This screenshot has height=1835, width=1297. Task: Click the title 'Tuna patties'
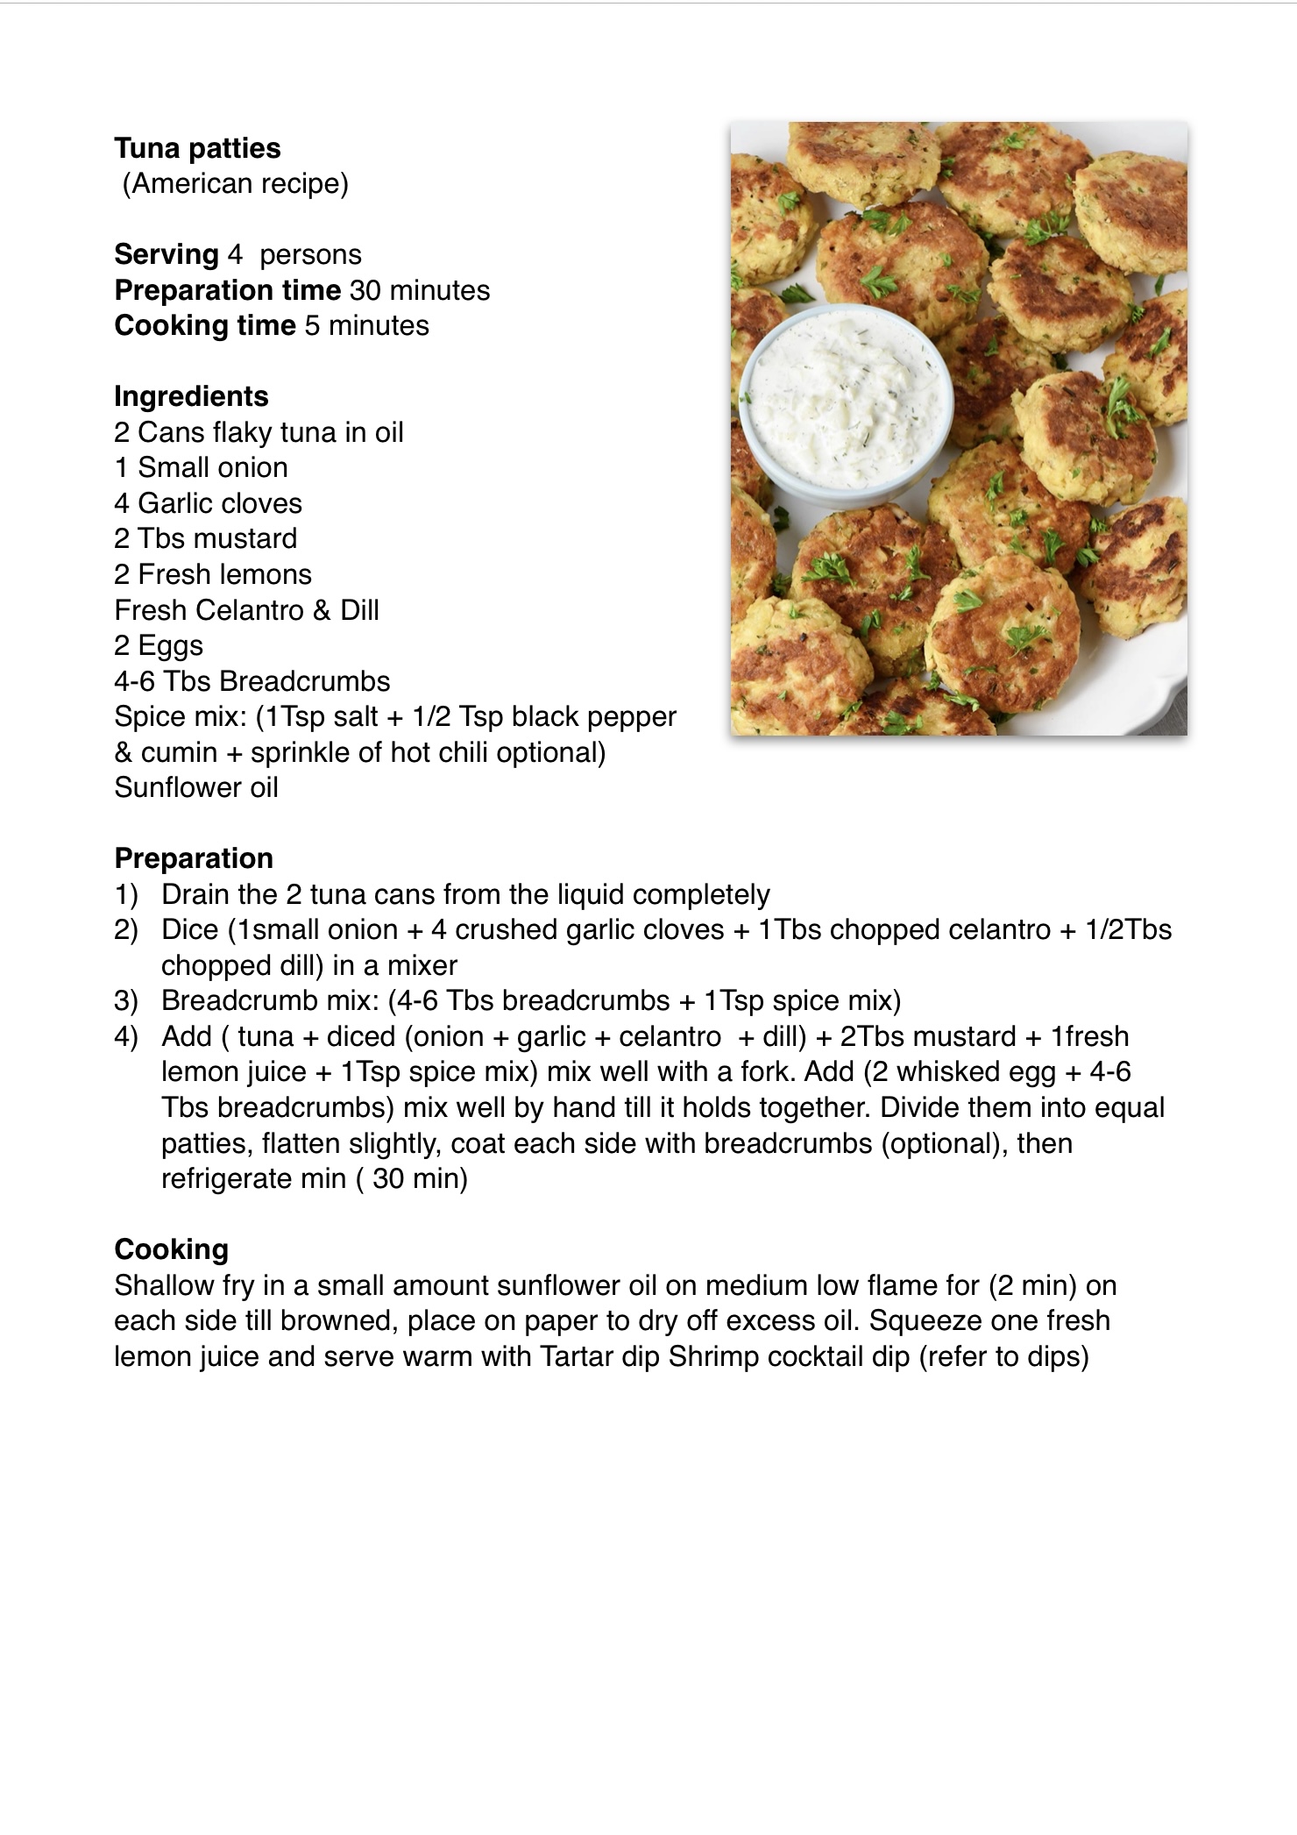(x=197, y=148)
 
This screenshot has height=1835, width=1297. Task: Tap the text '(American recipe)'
(x=235, y=184)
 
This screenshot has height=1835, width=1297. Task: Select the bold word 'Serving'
(x=167, y=255)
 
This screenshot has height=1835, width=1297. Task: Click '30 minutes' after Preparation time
(x=420, y=290)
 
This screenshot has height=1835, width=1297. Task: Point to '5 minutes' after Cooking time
(x=366, y=326)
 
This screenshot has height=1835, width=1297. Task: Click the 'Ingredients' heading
(x=191, y=396)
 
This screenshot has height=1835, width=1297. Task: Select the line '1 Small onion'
(x=201, y=467)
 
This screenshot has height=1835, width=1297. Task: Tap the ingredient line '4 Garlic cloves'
(x=208, y=503)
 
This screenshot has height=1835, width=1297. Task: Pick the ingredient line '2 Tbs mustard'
(x=205, y=538)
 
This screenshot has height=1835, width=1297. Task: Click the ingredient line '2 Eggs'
(x=159, y=645)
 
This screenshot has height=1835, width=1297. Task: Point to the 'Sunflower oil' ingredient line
(x=196, y=787)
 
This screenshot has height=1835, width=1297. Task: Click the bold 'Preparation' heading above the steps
(x=194, y=858)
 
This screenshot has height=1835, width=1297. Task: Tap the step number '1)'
(x=126, y=895)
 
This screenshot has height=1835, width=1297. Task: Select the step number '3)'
(x=126, y=1001)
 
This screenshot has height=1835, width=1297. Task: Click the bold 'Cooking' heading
(x=171, y=1249)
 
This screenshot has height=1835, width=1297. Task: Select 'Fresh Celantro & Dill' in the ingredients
(x=246, y=610)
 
